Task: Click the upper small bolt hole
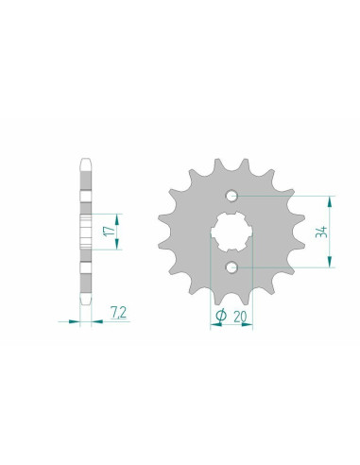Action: click(x=231, y=197)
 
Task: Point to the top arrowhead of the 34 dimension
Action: click(x=330, y=200)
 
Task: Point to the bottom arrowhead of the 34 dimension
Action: click(x=330, y=266)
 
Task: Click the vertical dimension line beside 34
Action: click(x=330, y=232)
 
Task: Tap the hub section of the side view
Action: click(x=87, y=232)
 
